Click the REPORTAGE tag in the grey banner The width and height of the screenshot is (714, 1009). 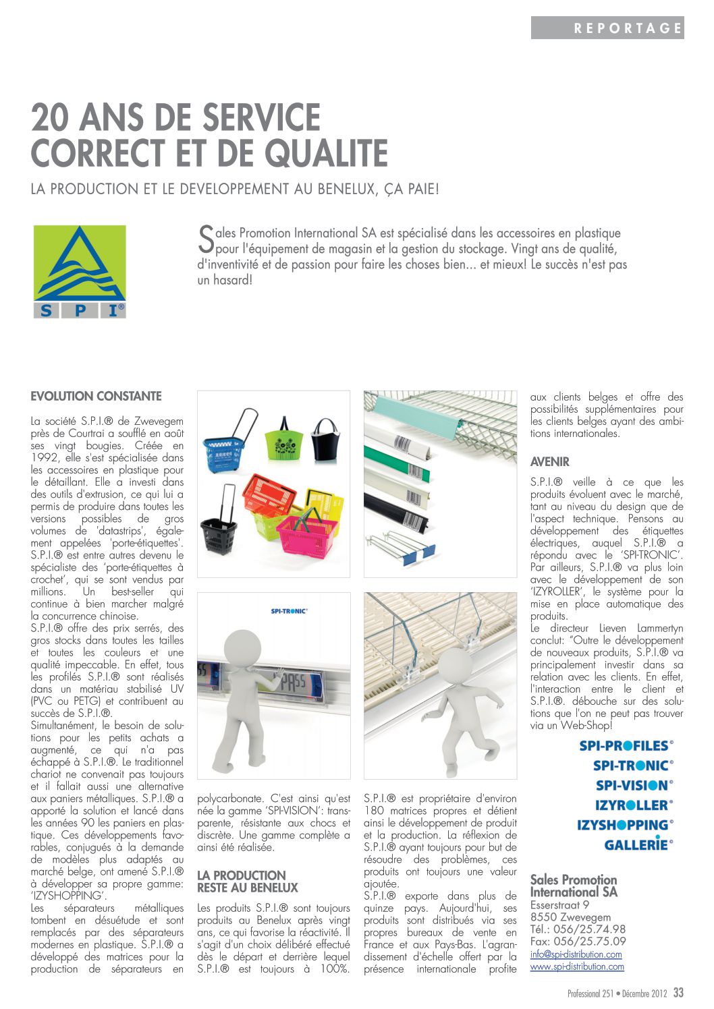tap(628, 28)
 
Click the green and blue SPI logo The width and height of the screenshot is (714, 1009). tap(80, 272)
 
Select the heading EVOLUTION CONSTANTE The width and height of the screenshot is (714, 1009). tap(96, 396)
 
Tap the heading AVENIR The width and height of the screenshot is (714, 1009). tap(549, 462)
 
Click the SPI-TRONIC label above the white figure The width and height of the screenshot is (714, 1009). tap(289, 611)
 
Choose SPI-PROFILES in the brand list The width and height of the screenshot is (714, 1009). tap(626, 745)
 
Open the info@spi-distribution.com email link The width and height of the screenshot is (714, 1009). tap(576, 954)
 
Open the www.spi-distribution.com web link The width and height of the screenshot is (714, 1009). tap(577, 967)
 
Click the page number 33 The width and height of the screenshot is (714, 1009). tap(678, 993)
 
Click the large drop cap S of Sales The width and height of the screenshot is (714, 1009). tap(206, 236)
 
